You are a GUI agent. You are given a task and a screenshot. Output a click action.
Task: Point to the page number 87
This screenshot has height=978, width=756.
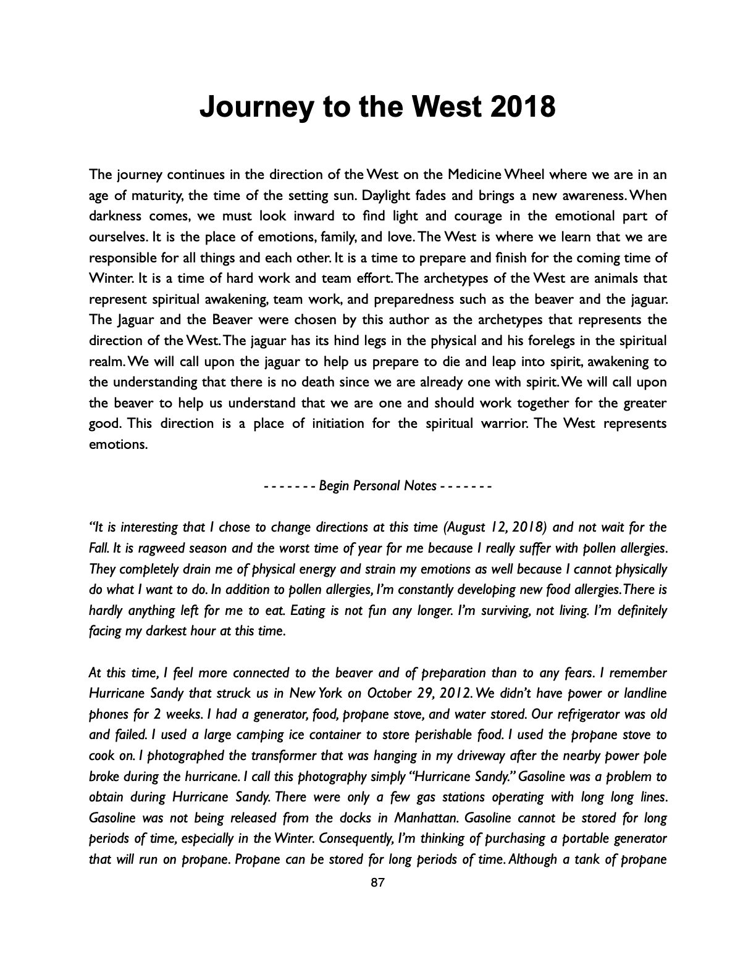point(377,884)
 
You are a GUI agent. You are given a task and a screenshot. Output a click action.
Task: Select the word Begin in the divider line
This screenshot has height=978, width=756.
point(334,486)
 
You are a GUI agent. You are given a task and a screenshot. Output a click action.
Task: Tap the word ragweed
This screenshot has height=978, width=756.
point(160,548)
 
